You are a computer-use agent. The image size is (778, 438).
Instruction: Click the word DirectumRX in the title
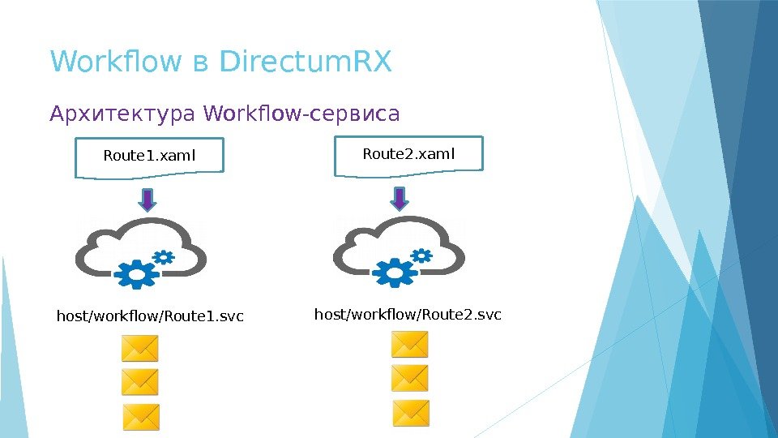pos(306,61)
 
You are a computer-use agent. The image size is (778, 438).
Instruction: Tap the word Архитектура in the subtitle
pos(122,114)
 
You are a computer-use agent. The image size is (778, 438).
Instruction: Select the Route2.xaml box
pos(408,154)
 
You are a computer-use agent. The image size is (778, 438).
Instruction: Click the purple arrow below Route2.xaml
pos(400,197)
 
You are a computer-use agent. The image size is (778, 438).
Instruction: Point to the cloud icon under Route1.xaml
pos(141,247)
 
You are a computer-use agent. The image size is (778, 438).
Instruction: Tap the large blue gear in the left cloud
pos(138,274)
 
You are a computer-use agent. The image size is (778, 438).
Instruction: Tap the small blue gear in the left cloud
pos(164,257)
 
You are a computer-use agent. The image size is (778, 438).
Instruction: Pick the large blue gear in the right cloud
pos(395,272)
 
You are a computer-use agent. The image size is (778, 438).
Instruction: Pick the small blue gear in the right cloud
pos(421,255)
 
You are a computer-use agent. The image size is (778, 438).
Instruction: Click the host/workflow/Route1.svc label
pos(150,315)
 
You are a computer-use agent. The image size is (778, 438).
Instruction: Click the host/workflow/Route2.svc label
pos(408,313)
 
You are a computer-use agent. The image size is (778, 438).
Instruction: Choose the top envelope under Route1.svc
pos(140,350)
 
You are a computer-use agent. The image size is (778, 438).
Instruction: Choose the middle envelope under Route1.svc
pos(140,381)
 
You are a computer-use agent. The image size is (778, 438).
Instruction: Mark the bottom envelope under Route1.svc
pos(141,417)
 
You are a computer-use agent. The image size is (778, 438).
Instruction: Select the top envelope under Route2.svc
pos(409,345)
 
